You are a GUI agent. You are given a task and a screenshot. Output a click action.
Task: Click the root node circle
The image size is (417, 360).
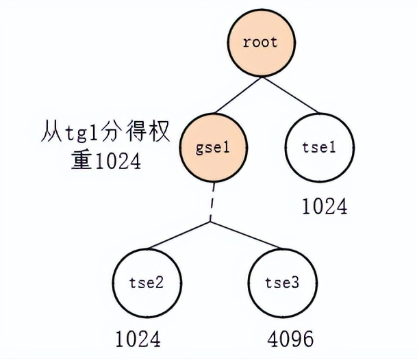260,42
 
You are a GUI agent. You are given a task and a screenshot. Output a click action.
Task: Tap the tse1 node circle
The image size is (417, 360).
319,146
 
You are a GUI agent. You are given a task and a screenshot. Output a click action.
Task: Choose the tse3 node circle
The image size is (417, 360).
281,283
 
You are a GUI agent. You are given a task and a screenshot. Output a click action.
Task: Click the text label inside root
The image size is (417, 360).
260,42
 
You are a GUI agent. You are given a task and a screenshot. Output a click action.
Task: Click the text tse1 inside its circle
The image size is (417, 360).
319,146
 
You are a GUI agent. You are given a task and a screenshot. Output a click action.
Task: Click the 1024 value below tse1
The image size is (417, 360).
324,207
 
